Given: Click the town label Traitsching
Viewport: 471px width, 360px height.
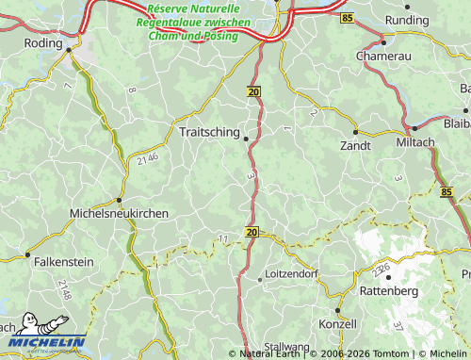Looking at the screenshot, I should point(208,134).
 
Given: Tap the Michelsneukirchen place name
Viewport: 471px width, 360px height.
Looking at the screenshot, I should point(120,214).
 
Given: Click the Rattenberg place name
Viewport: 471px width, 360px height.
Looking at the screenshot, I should point(388,291).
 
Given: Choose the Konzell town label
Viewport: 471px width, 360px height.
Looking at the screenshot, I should point(338,323).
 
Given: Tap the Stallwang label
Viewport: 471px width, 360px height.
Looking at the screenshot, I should point(287,347).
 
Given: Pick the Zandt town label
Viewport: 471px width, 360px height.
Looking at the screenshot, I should point(355,146).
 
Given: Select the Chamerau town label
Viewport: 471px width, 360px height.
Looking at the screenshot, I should point(383,56).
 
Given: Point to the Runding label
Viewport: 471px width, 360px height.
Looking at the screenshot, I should point(407,20).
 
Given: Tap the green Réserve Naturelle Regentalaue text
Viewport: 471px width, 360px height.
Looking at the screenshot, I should point(193,22).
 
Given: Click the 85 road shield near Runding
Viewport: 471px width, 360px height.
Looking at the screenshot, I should point(349,18).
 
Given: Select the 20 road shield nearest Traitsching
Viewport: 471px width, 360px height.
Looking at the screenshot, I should point(253,91).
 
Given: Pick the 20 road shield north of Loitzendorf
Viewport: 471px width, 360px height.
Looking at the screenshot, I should point(251,231).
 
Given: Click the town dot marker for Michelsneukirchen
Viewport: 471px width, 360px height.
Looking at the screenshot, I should point(119,200).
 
